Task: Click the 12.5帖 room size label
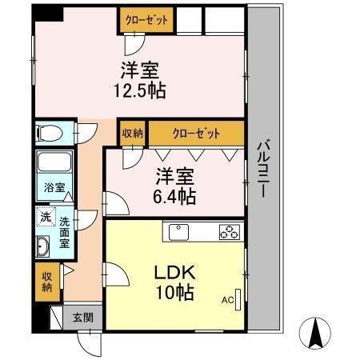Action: click(141, 88)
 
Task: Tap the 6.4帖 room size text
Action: click(175, 194)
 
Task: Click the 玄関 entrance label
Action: click(82, 317)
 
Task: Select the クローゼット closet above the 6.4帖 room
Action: click(194, 133)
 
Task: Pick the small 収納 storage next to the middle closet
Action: click(133, 133)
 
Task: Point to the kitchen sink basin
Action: click(178, 233)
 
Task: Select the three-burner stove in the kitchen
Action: click(230, 233)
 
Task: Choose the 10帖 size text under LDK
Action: click(175, 293)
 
